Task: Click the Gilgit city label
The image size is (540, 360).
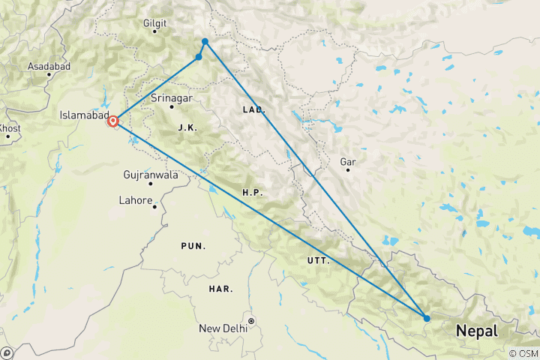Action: click(x=154, y=23)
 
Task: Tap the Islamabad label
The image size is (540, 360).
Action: click(x=84, y=115)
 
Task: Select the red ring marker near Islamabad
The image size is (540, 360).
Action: click(x=113, y=121)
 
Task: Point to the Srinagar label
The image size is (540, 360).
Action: click(x=172, y=98)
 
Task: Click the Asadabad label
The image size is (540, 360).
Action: click(x=49, y=66)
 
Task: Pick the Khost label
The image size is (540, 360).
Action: click(x=10, y=128)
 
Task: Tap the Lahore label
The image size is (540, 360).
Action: click(x=136, y=200)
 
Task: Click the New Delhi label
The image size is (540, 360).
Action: click(x=223, y=328)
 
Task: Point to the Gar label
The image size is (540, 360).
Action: click(x=347, y=161)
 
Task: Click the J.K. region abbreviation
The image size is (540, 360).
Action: click(x=187, y=128)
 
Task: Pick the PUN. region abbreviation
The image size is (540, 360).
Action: click(x=193, y=246)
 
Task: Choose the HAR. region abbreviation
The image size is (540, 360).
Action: click(x=221, y=289)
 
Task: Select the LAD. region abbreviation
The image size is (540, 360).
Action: click(x=253, y=109)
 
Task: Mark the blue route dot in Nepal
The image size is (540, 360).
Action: click(x=427, y=318)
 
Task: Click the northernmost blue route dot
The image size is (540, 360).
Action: click(x=205, y=41)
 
